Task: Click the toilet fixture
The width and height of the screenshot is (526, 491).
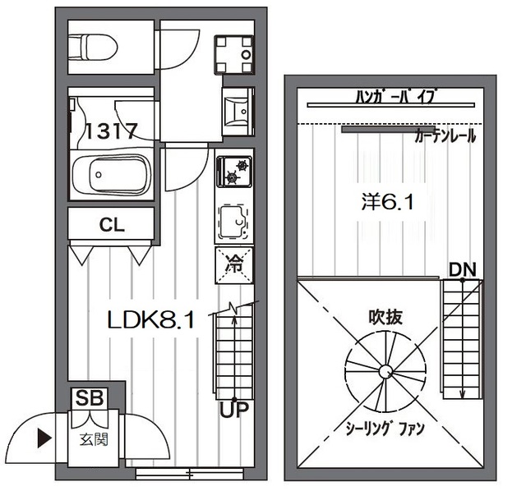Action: [x=93, y=48]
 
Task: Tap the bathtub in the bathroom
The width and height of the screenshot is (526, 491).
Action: [x=112, y=174]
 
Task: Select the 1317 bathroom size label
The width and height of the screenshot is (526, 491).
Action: [x=112, y=131]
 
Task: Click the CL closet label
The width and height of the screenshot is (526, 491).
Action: [x=112, y=225]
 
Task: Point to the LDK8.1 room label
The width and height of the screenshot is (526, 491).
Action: [x=151, y=319]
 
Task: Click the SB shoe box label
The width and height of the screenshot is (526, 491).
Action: [x=90, y=398]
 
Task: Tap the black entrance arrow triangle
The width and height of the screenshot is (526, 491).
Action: [x=44, y=438]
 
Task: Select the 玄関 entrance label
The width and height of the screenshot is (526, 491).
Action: [x=94, y=440]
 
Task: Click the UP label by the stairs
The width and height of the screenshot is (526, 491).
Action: [x=234, y=410]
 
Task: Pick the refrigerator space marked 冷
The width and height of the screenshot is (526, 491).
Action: [x=234, y=265]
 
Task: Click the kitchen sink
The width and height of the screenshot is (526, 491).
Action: [x=234, y=222]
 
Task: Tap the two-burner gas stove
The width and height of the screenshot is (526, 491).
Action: [x=234, y=172]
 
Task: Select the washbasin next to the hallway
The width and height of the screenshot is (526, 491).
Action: [x=238, y=111]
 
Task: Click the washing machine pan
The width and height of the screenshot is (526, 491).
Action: [x=233, y=55]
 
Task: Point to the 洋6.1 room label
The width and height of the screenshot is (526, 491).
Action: [x=387, y=203]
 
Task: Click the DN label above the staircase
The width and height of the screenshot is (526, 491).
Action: [x=463, y=270]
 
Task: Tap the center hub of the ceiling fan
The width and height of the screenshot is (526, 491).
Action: [x=385, y=372]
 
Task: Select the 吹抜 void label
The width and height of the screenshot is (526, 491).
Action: [x=385, y=317]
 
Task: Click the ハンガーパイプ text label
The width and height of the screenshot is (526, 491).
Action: [x=396, y=97]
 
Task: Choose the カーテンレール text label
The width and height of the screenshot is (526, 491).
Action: [x=445, y=136]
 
